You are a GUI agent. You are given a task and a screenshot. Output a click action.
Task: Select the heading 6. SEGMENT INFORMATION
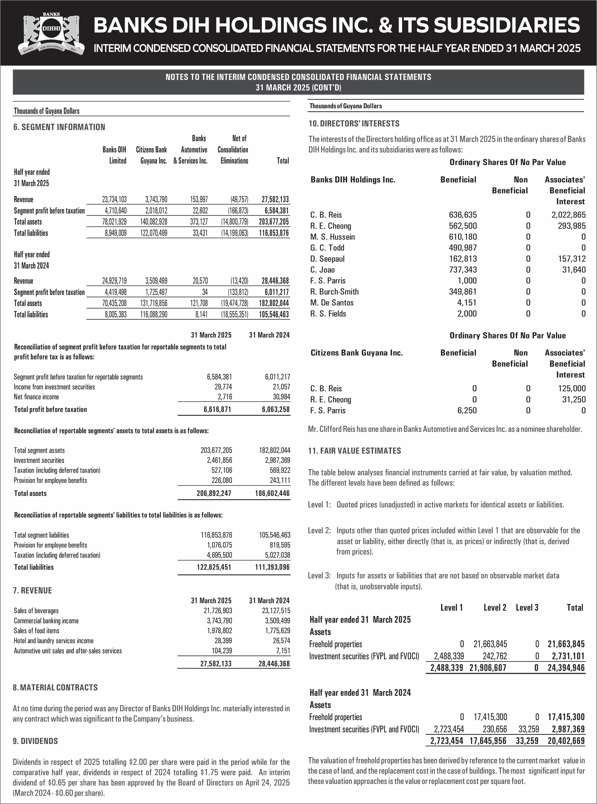tap(59, 127)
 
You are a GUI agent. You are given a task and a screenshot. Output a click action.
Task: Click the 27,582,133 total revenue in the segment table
tap(275, 199)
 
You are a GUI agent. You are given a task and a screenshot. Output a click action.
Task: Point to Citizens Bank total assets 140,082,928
tap(154, 222)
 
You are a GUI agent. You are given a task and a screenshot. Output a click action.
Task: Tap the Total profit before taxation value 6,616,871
tap(217, 409)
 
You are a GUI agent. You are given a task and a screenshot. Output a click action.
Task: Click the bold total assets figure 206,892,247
tap(214, 493)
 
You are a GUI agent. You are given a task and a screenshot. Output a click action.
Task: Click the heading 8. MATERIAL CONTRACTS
tap(55, 688)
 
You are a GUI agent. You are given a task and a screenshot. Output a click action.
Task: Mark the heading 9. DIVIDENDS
tap(35, 741)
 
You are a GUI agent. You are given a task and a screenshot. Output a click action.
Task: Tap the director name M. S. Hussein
tap(333, 237)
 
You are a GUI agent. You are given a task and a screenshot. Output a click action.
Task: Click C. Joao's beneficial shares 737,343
tap(463, 270)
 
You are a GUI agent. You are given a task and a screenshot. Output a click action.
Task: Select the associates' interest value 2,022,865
tap(569, 215)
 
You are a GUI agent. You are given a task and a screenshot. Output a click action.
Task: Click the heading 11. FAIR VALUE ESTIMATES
tap(354, 451)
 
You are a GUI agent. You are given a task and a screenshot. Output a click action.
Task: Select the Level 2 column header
tap(495, 608)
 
